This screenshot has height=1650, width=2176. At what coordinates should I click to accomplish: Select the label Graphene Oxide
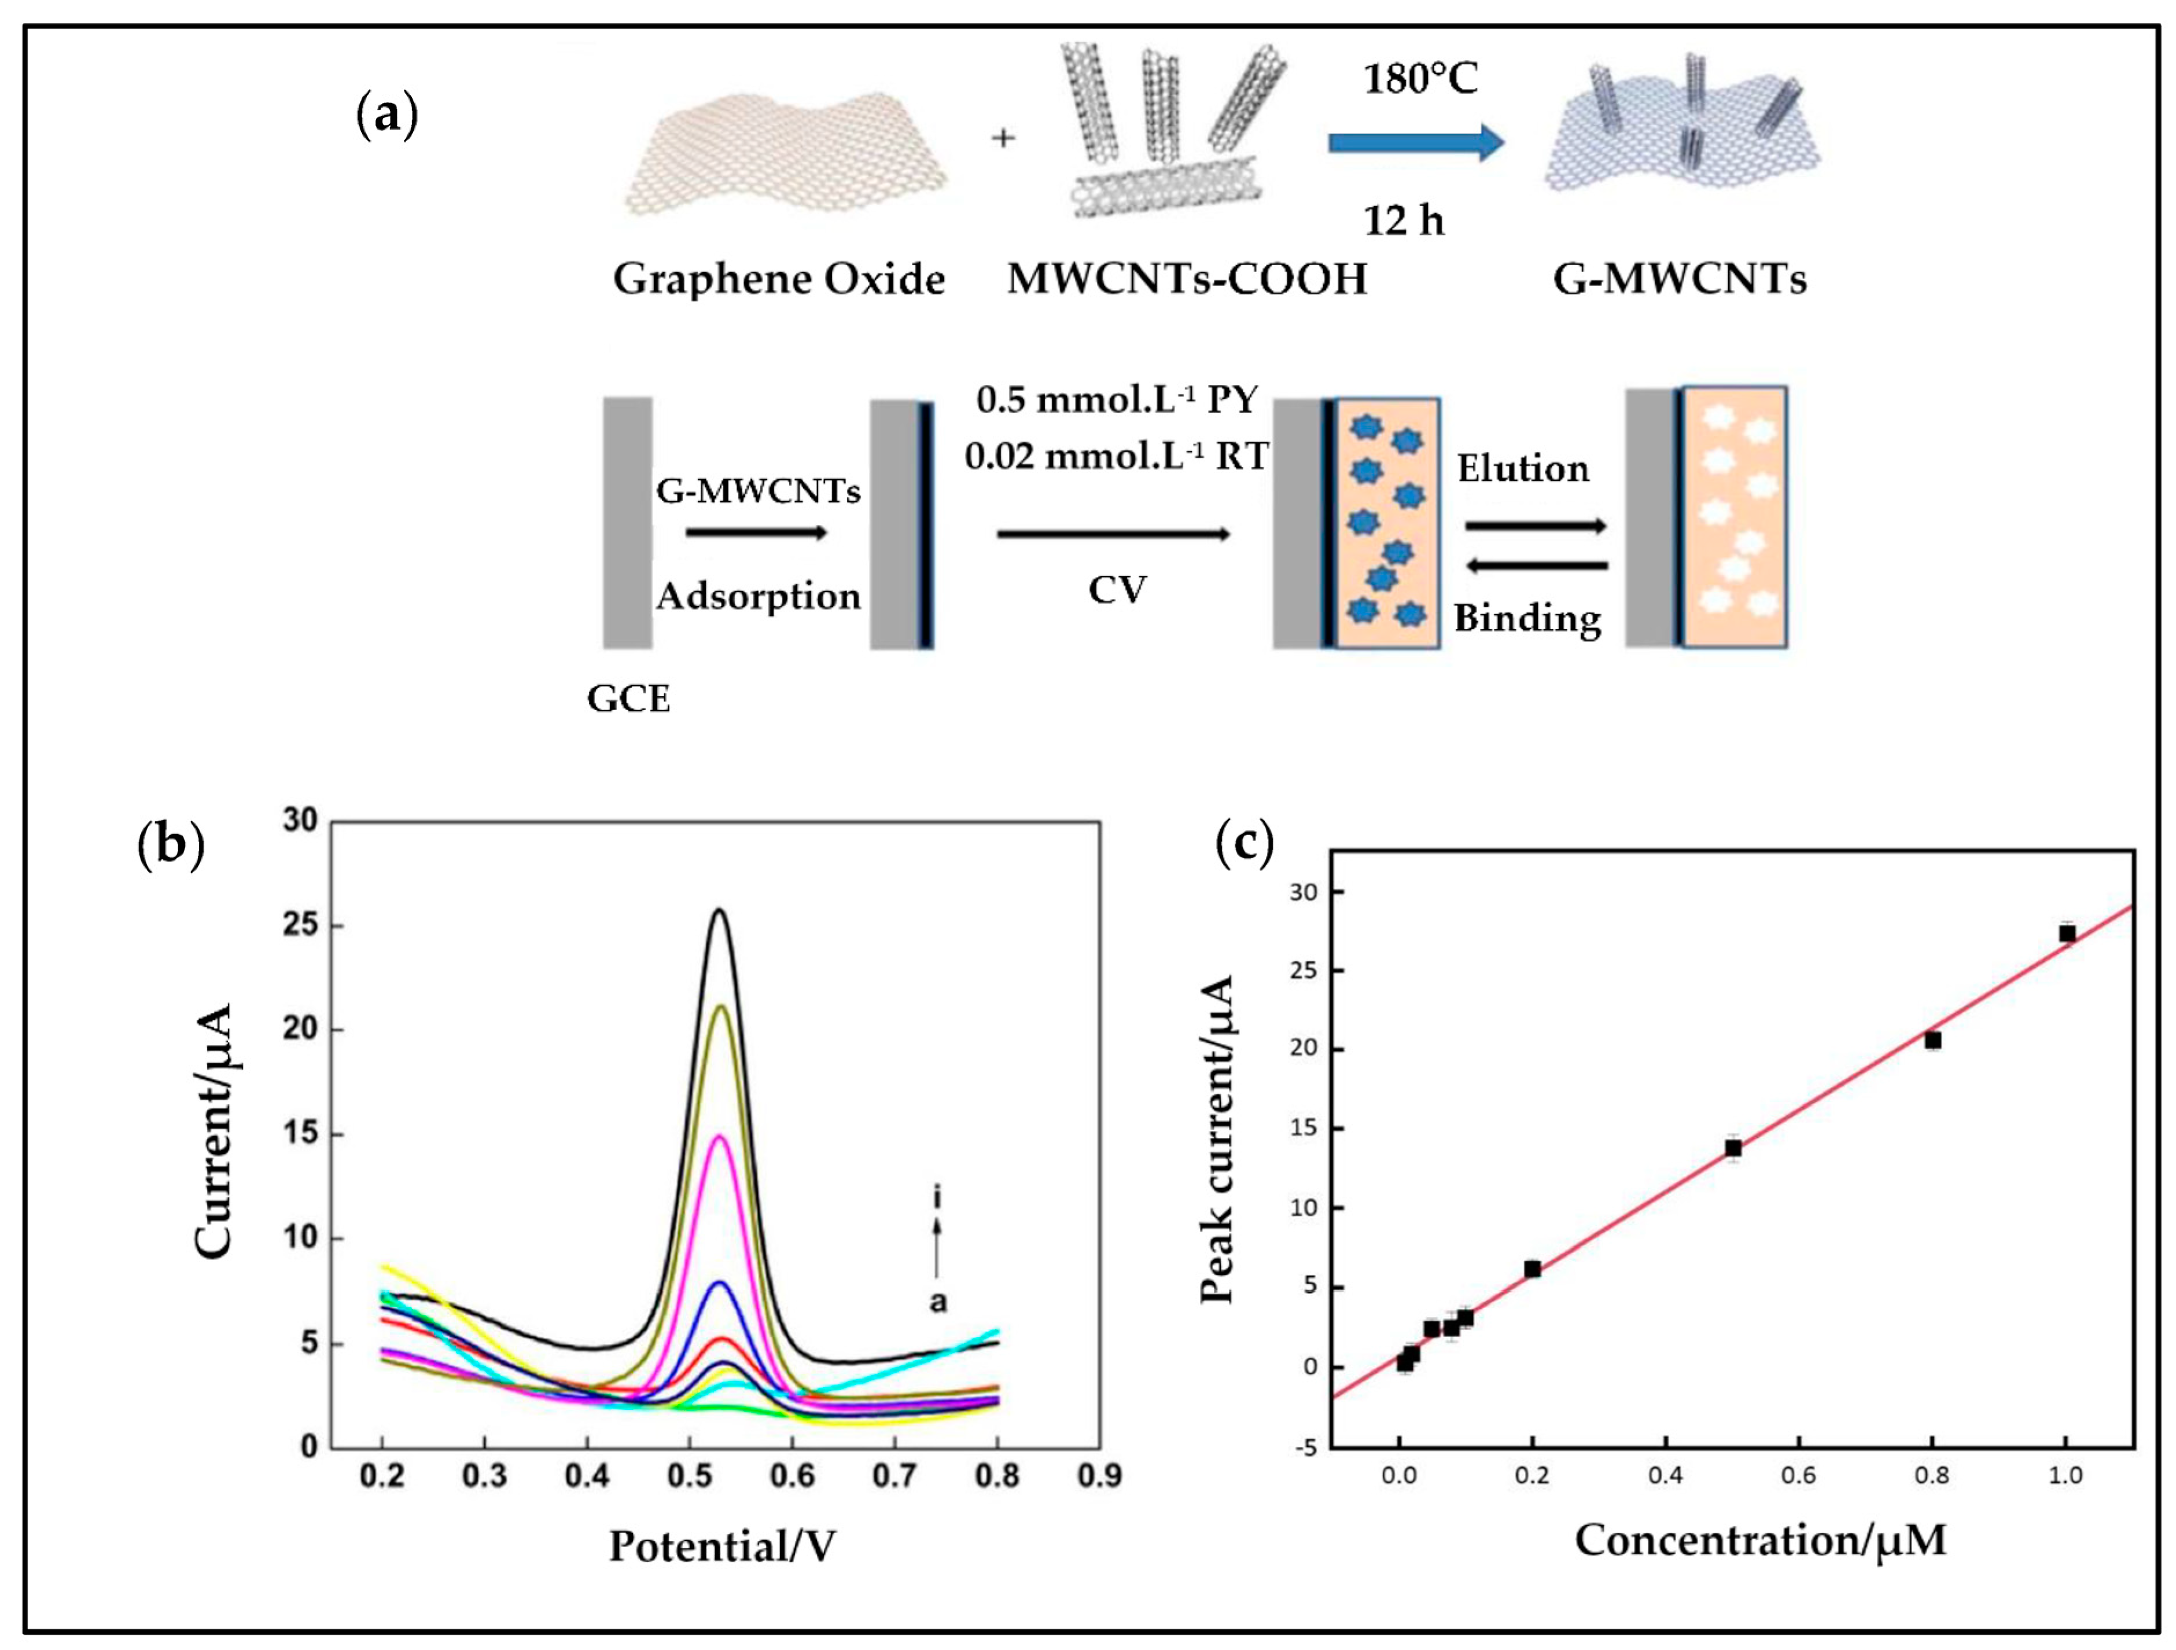(x=779, y=280)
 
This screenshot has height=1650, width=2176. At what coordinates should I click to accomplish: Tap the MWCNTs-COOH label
(x=1187, y=280)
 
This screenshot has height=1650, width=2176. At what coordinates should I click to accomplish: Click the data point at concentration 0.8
(x=1933, y=1040)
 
